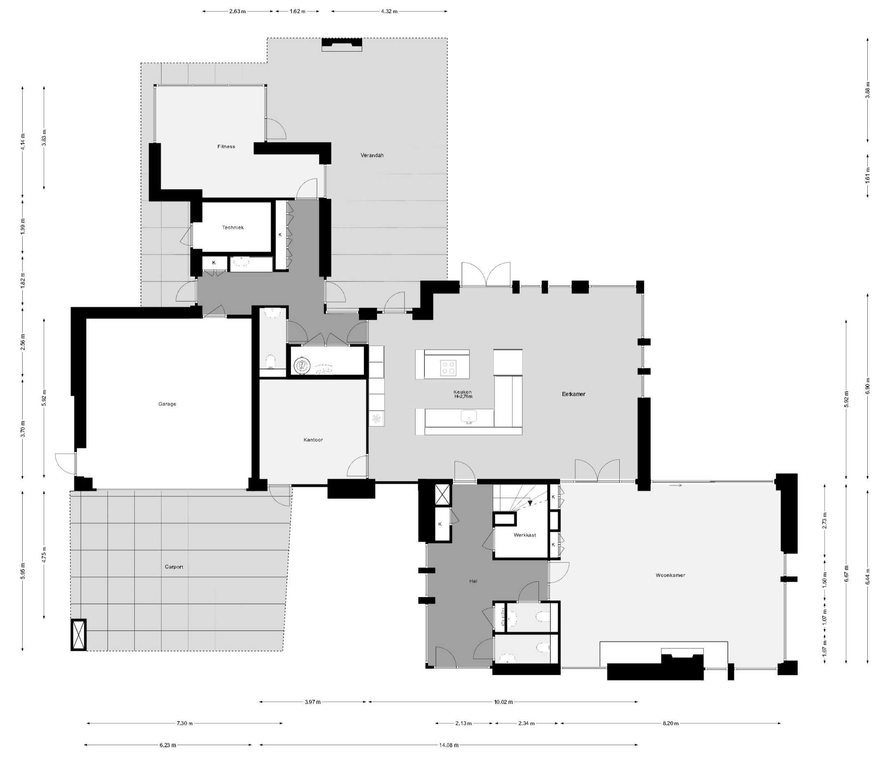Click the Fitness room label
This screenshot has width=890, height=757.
click(226, 146)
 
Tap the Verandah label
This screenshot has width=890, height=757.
click(372, 155)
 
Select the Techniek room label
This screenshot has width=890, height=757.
click(232, 228)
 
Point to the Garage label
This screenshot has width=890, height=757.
click(167, 404)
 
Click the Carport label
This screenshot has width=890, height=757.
click(174, 567)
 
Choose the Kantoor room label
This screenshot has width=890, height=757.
click(313, 440)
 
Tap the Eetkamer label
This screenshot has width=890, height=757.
click(574, 394)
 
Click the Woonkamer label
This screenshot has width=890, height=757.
click(670, 575)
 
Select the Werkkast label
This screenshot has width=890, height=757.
click(525, 535)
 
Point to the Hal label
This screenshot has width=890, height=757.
click(473, 581)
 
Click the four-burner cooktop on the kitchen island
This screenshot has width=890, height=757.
click(449, 368)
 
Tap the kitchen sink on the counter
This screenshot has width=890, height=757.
click(469, 416)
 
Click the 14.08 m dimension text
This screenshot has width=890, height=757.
click(449, 745)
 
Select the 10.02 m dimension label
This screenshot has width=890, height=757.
click(503, 702)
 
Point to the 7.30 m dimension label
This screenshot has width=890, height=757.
click(185, 724)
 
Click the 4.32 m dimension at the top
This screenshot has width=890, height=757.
click(389, 11)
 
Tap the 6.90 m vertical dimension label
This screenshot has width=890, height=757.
click(867, 386)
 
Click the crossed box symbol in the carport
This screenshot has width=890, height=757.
click(78, 635)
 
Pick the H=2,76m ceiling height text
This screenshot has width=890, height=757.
click(463, 397)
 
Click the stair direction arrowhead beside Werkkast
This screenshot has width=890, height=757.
click(530, 503)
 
